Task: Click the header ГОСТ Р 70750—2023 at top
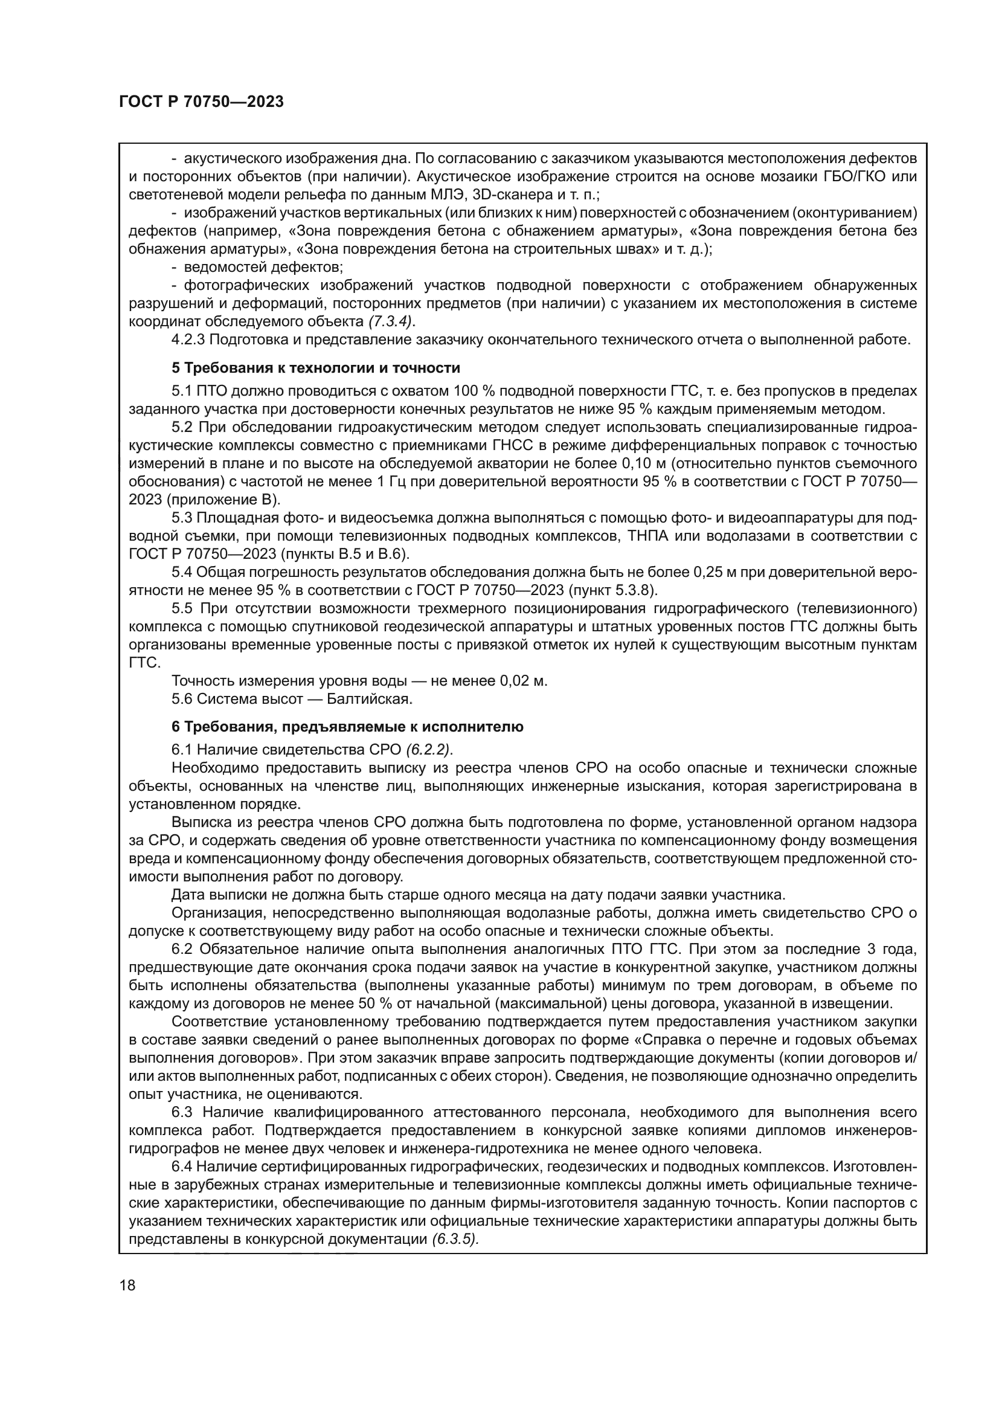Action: click(201, 102)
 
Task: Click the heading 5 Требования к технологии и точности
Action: click(315, 368)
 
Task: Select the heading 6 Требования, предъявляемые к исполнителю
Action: click(347, 727)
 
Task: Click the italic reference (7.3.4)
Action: click(391, 321)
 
